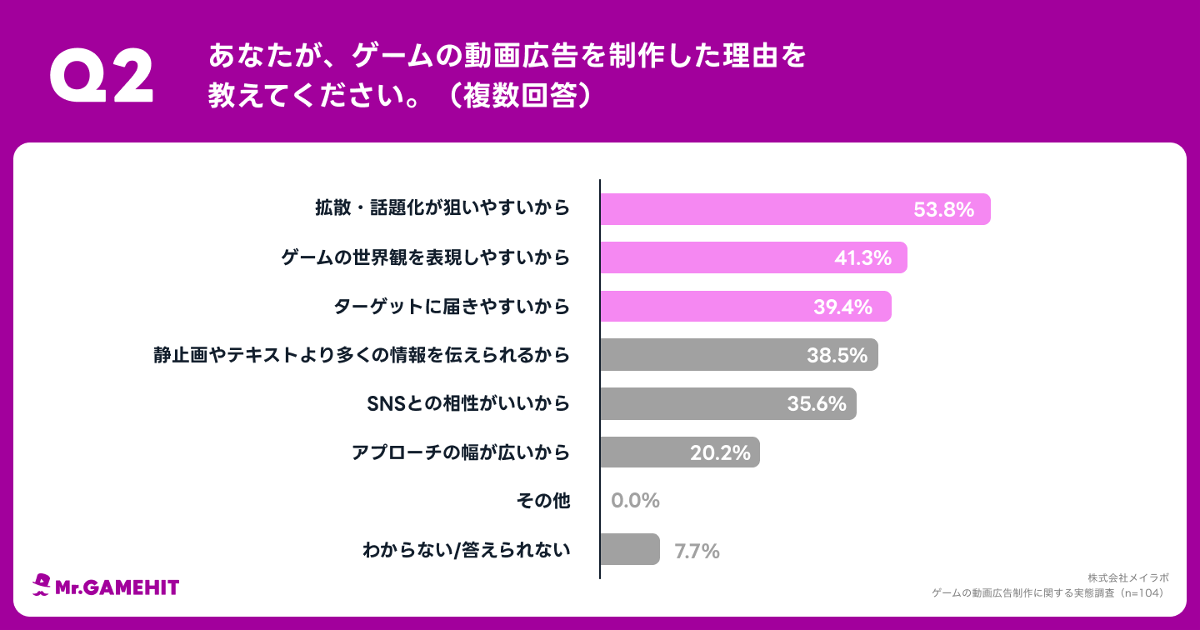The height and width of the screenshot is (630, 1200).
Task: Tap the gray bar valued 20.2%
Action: [679, 452]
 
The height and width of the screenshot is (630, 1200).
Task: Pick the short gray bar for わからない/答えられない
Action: [630, 549]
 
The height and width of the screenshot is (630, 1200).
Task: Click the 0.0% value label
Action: [635, 501]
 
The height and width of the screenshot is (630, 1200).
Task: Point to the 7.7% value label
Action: [697, 551]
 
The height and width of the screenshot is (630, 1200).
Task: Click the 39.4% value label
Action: [842, 307]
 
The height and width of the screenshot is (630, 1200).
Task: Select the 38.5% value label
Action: [837, 356]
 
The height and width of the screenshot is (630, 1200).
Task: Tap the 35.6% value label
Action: [817, 404]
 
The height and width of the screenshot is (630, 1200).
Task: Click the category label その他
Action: [543, 501]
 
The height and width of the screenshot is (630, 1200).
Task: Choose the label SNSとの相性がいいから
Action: [468, 404]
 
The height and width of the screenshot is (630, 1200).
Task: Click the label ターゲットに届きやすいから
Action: [452, 307]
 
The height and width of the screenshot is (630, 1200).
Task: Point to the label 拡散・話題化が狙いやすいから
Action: [442, 209]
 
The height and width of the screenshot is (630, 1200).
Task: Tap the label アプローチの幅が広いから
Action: [461, 452]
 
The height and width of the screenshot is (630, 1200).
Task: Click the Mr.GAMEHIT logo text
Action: [117, 587]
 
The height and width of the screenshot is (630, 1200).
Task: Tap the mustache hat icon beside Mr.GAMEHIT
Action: [42, 585]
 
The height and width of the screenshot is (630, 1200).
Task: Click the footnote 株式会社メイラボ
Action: [1127, 577]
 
